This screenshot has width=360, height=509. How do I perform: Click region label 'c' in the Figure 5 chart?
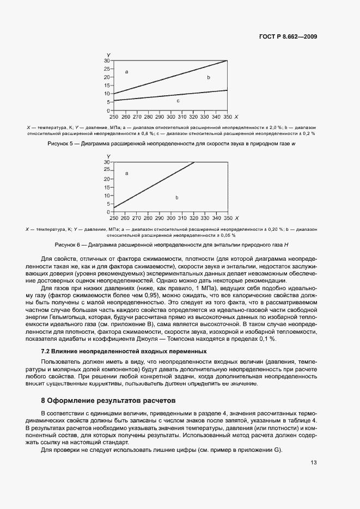click(x=178, y=101)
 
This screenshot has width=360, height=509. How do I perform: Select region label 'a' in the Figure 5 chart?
click(x=126, y=72)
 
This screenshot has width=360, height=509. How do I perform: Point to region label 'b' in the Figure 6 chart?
click(x=177, y=198)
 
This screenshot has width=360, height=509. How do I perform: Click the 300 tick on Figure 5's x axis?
click(x=170, y=117)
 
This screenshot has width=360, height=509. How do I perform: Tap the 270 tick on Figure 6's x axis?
click(x=137, y=218)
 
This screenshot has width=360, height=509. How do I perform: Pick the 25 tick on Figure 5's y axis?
click(x=107, y=69)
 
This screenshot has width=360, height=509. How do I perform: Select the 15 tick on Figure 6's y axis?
click(x=107, y=187)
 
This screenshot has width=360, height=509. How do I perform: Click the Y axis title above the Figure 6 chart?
click(x=108, y=156)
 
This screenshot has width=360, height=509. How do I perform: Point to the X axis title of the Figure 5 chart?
click(x=236, y=117)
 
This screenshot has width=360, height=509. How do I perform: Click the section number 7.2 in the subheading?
click(x=46, y=352)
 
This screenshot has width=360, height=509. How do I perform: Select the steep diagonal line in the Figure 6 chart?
click(x=152, y=186)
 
